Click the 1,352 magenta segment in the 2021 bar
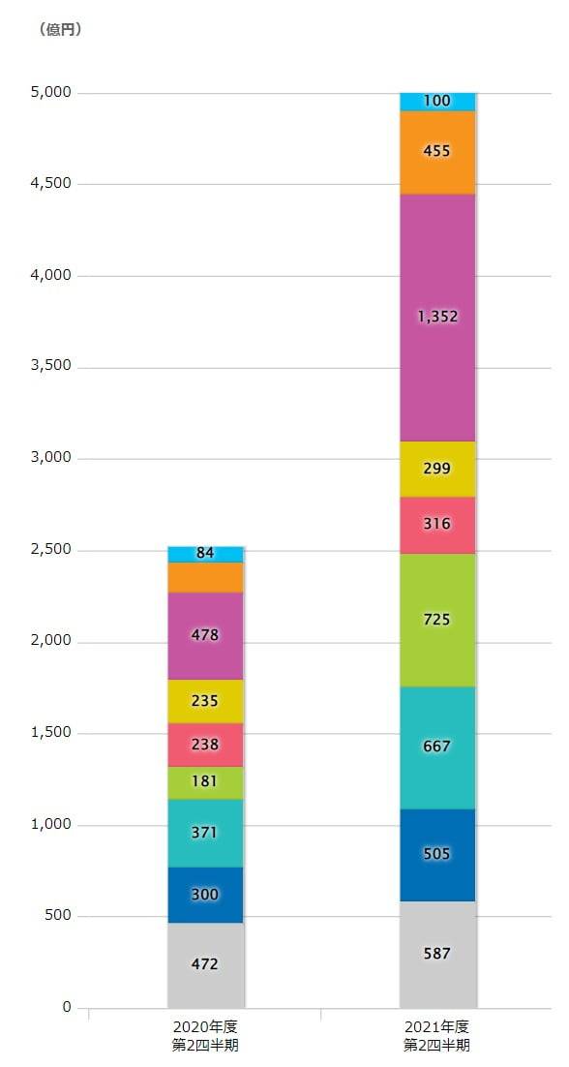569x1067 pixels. [437, 317]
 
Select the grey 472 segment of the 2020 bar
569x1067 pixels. [205, 964]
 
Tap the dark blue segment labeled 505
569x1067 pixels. [437, 854]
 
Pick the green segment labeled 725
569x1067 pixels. [437, 620]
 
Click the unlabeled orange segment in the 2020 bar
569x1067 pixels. [205, 577]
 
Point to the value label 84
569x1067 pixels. [205, 554]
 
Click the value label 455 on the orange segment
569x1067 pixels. [437, 152]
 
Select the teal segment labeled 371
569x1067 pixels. [205, 833]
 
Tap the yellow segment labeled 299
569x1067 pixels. [437, 469]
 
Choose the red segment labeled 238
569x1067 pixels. [205, 745]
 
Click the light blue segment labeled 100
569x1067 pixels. [437, 101]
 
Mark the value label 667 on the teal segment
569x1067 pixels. [437, 747]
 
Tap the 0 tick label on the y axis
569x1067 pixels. [67, 1008]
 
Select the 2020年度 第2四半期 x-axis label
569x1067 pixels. [205, 1035]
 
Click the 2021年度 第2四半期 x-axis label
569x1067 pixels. [437, 1035]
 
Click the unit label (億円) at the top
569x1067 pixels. [61, 30]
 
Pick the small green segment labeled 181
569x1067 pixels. [205, 782]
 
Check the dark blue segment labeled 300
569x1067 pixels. [205, 895]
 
